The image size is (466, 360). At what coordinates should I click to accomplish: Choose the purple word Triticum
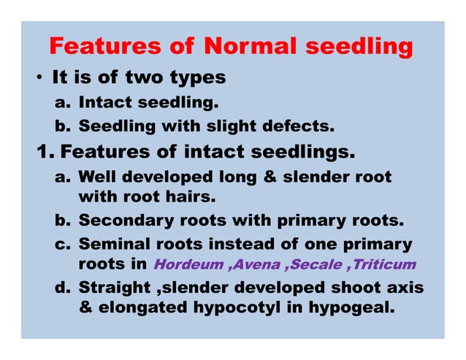pos(384,264)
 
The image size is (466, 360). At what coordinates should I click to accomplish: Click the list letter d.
pos(61,288)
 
